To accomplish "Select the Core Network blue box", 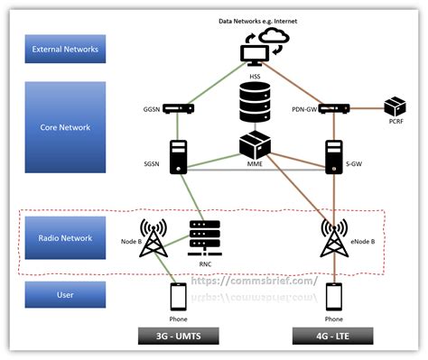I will (64, 128).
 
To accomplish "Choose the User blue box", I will (64, 293).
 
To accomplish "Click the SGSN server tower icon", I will (177, 156).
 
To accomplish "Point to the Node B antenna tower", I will (153, 238).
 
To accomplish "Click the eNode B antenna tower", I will (333, 239).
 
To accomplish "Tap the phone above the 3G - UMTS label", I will (179, 297).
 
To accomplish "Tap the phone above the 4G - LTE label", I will (333, 297).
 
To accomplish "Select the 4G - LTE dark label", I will (333, 337).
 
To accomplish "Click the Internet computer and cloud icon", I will (261, 46).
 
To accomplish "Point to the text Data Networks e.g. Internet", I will (258, 19).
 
